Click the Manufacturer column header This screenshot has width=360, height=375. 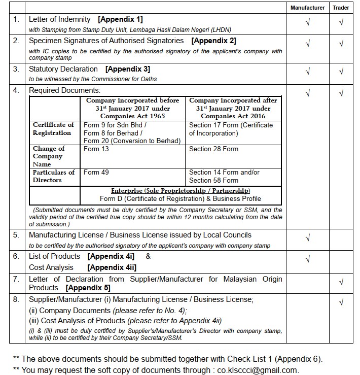308,8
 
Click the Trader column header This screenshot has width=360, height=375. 341,8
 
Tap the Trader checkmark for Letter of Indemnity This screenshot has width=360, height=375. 341,23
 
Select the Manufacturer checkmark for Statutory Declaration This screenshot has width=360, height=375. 308,72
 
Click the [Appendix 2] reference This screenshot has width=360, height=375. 213,41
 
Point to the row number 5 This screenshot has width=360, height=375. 16,235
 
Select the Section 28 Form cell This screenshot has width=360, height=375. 213,149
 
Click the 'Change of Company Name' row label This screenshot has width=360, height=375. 49,156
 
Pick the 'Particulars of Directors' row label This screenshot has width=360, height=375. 54,176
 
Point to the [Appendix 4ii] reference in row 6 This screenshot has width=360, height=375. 112,267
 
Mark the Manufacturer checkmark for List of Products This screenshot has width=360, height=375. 308,260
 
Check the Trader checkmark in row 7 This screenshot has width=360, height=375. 341,282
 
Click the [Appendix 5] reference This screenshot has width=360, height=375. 84,288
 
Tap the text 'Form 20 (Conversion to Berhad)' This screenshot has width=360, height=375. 132,141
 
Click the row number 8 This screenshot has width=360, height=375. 16,300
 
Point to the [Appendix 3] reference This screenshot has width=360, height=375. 127,69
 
